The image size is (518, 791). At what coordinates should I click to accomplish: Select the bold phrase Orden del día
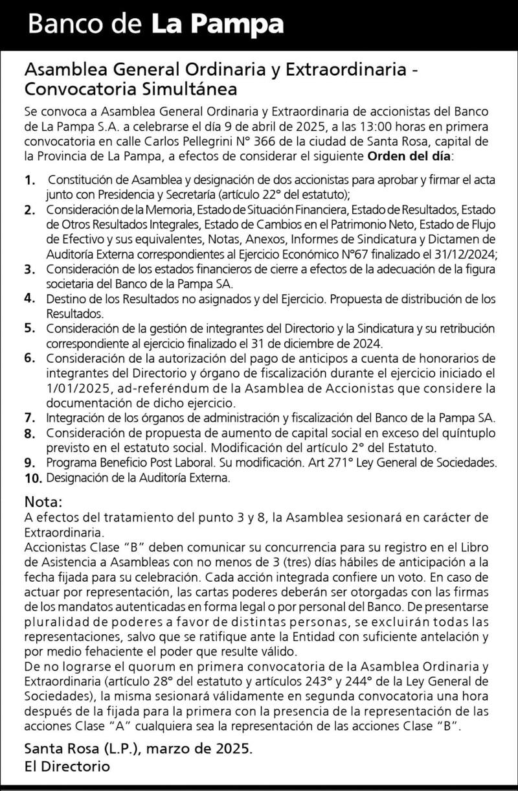(411, 156)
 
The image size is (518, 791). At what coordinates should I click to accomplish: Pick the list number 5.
(29, 328)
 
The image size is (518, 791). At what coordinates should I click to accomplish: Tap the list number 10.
(33, 479)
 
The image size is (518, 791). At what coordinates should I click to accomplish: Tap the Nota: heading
(44, 501)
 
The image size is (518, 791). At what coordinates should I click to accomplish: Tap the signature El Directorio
(67, 766)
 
